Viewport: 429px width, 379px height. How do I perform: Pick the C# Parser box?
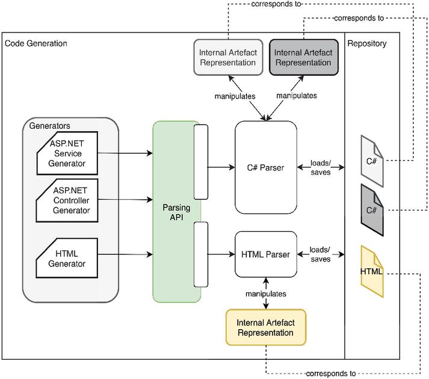[x=265, y=167]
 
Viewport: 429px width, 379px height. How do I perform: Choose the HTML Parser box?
[x=265, y=254]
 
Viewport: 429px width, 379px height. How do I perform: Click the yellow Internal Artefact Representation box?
[x=265, y=327]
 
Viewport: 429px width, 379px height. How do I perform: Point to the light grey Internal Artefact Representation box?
[x=228, y=57]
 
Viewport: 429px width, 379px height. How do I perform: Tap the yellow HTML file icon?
[x=372, y=271]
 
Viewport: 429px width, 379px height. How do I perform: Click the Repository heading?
[x=367, y=43]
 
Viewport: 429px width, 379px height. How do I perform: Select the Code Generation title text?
[x=36, y=43]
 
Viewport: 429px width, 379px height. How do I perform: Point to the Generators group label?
[x=50, y=126]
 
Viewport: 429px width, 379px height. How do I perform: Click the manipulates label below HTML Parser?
[x=265, y=294]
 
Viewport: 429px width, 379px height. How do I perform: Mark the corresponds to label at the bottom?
[x=331, y=374]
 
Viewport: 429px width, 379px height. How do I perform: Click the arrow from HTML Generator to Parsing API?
[x=125, y=254]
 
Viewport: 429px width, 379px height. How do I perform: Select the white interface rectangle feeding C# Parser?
[x=201, y=161]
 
